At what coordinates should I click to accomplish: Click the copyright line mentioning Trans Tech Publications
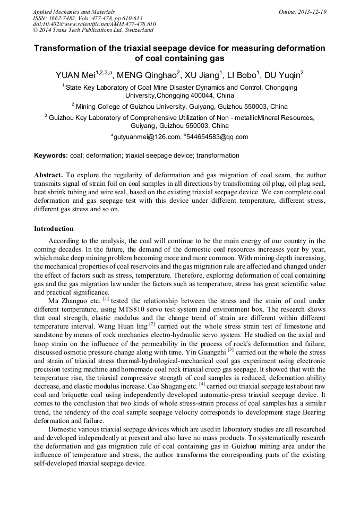[x=93, y=30]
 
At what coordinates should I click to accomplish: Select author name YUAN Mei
[x=74, y=75]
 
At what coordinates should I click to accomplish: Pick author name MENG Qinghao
[x=144, y=75]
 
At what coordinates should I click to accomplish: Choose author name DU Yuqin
[x=285, y=75]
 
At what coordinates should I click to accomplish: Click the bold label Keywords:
[x=51, y=156]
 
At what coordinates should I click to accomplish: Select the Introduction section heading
[x=54, y=229]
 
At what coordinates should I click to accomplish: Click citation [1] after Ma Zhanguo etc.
[x=106, y=298]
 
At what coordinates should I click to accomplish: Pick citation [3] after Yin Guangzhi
[x=231, y=349]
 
